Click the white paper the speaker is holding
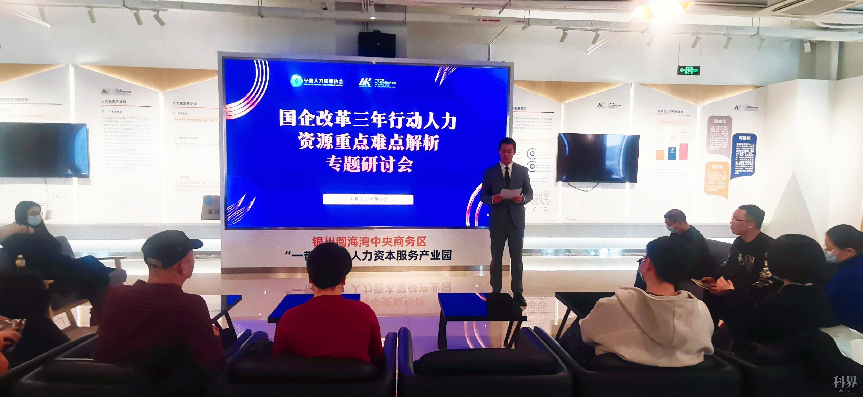pyautogui.click(x=511, y=193)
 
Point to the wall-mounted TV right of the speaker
pyautogui.click(x=598, y=158)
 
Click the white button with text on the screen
pyautogui.click(x=368, y=199)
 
